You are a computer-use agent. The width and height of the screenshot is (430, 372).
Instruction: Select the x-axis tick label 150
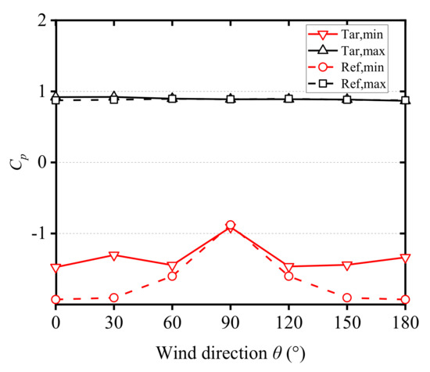coord(346,322)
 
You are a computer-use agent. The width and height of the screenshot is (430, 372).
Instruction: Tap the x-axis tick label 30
coord(114,322)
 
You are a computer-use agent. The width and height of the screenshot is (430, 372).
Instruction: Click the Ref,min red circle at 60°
coord(172,276)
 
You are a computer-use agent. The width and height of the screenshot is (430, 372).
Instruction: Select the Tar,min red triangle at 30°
coord(114,255)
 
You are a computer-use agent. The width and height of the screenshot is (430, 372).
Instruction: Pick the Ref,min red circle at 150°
coord(346,298)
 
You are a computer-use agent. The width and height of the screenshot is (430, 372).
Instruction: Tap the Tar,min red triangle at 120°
coord(288,268)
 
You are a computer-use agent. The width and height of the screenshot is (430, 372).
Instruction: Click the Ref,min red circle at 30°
coord(114,298)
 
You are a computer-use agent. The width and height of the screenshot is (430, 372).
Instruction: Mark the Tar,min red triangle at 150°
coord(346,265)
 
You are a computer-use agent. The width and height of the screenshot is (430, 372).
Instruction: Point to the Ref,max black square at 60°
coord(172,99)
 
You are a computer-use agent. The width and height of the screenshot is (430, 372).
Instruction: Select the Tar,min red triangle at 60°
coord(172,265)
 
